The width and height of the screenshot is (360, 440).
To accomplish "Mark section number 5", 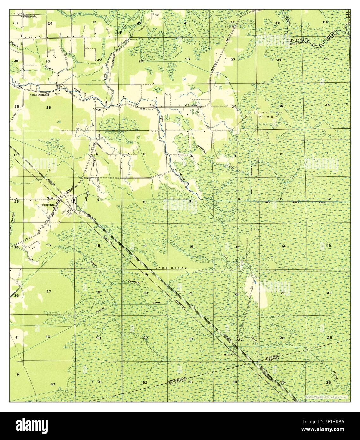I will pyautogui.click(x=144, y=154).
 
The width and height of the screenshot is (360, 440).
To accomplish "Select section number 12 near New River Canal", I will pyautogui.click(x=329, y=199).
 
